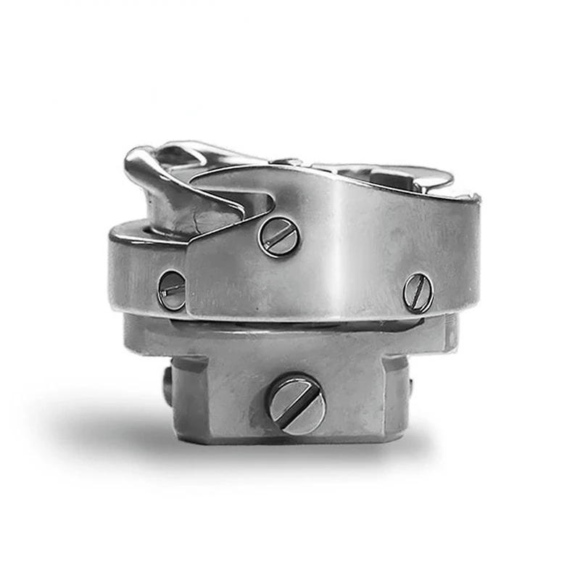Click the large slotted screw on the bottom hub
pos(296,403)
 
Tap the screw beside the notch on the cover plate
pos(279,236)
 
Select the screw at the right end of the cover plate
pos(418,292)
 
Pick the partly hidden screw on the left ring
pos(171,290)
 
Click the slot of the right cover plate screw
pos(418,292)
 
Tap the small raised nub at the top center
pos(290,161)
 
